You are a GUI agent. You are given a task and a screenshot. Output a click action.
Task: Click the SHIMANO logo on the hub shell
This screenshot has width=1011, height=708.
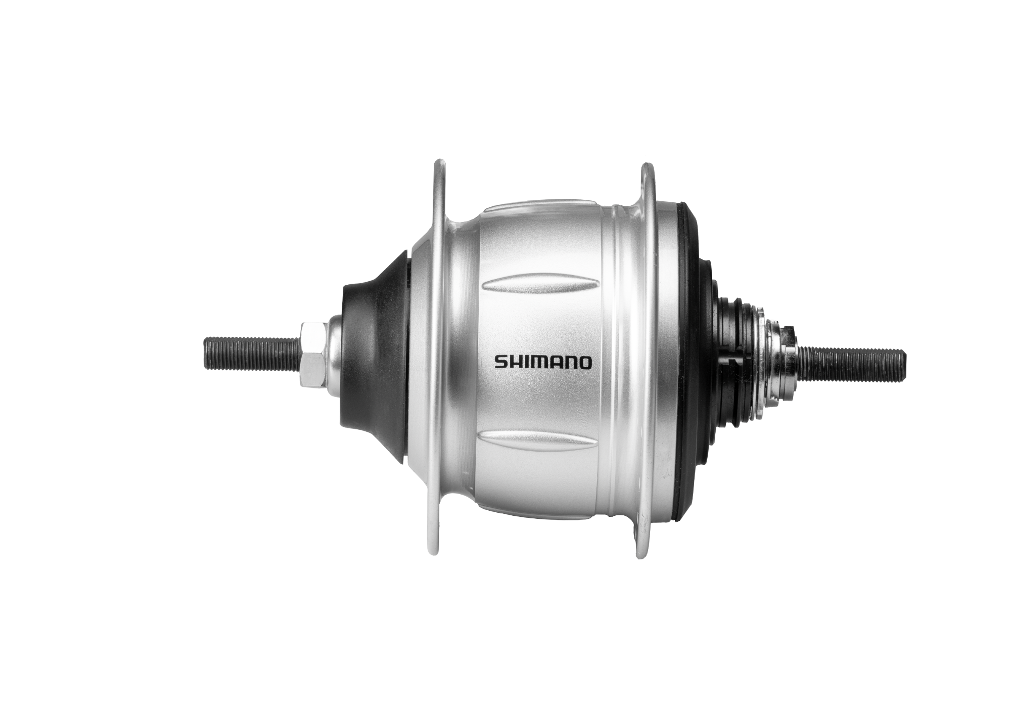tap(542, 363)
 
